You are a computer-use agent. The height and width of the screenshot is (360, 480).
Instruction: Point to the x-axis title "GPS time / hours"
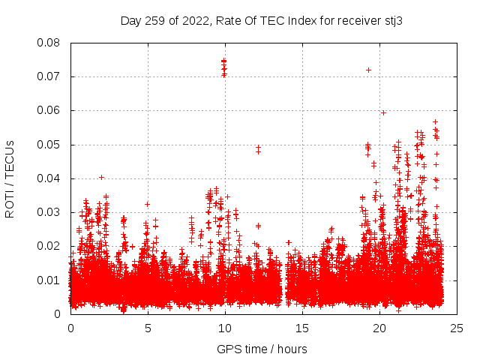262,349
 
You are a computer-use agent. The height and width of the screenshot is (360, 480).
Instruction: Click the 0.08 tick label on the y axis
49,43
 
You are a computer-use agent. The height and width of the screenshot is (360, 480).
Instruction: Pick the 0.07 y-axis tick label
49,76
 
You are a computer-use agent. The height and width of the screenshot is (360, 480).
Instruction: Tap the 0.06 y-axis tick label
49,110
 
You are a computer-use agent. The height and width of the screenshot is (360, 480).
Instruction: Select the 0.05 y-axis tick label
49,145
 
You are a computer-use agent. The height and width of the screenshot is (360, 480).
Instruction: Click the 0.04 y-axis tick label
49,178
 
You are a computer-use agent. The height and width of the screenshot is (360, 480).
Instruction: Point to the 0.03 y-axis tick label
49,212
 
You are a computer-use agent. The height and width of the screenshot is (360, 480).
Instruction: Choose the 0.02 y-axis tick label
49,246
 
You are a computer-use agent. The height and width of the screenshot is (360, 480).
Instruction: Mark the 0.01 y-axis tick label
49,280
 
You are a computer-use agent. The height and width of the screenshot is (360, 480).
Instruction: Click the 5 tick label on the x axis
148,328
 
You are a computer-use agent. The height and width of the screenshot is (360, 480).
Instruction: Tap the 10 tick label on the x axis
225,328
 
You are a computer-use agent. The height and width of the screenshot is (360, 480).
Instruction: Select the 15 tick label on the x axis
302,328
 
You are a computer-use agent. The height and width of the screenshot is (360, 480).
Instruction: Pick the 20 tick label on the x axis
379,328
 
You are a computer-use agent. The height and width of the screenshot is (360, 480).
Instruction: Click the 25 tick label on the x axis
457,328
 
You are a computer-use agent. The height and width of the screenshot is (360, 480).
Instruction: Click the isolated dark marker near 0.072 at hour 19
368,70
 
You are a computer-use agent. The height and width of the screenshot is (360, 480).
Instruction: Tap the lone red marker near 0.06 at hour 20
383,112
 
